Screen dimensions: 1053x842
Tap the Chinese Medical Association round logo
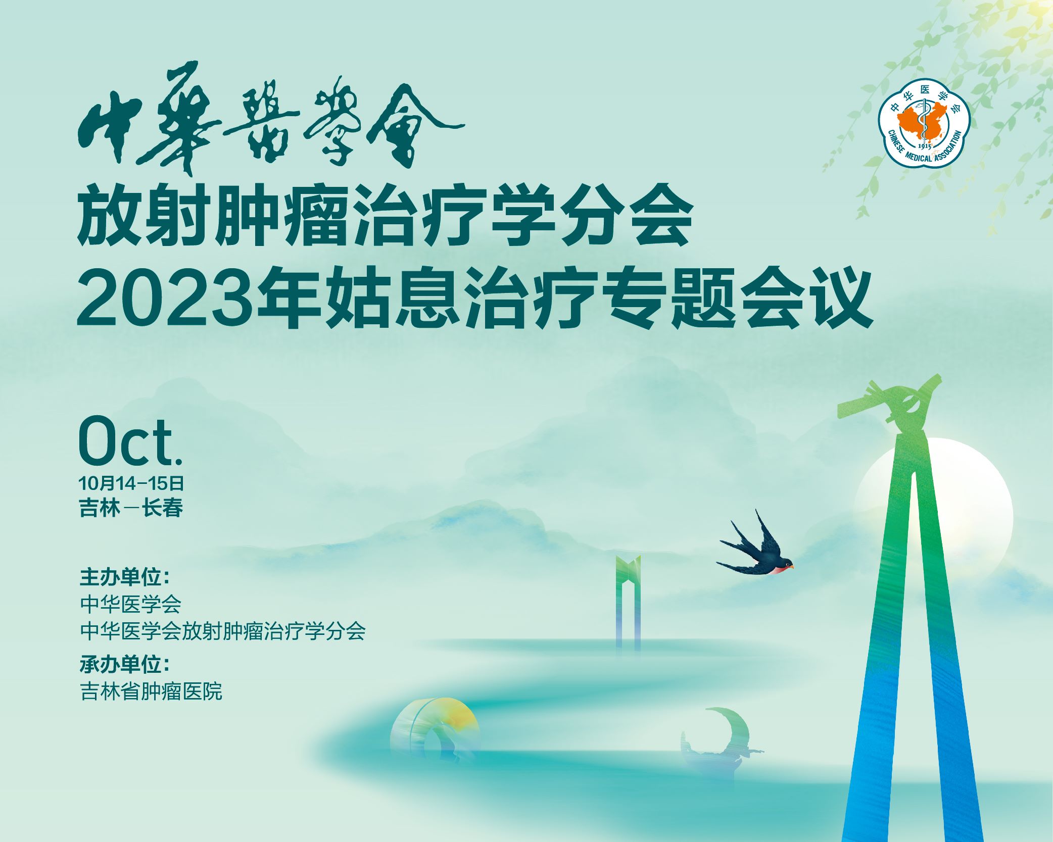pos(924,123)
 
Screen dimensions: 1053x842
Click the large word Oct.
pos(130,440)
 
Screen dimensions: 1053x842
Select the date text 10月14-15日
pos(131,483)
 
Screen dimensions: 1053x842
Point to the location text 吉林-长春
pos(131,508)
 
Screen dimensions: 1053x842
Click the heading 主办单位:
pos(124,577)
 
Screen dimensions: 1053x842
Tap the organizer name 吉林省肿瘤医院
pos(151,691)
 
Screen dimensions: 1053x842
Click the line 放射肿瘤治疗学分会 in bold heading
pos(385,216)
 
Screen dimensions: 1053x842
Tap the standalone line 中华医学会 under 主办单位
pos(130,604)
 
